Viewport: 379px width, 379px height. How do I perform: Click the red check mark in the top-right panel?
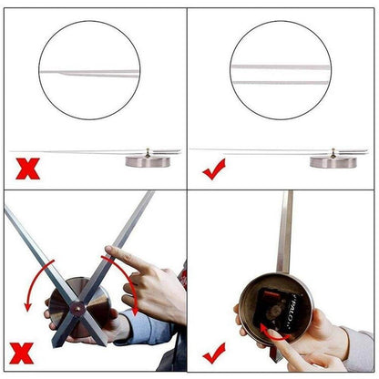[x=215, y=169]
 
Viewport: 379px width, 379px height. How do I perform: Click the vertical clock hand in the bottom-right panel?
[x=285, y=228]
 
